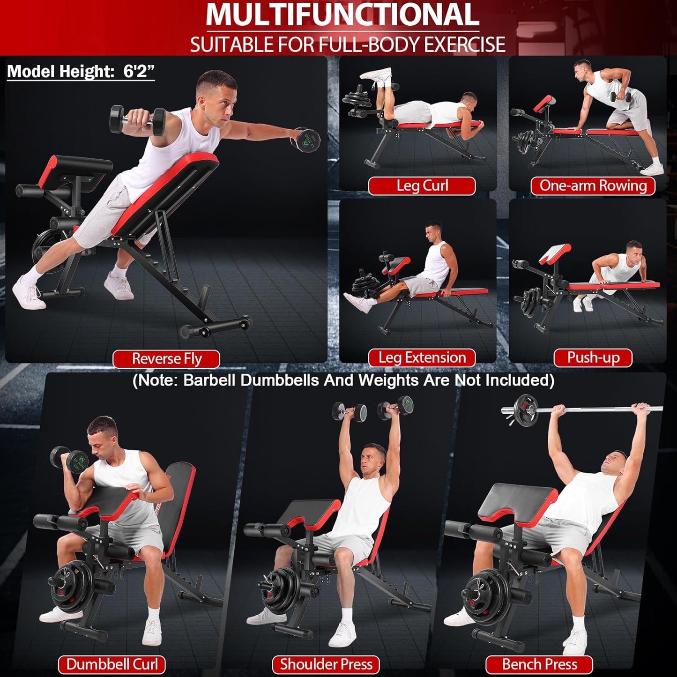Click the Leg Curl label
422,186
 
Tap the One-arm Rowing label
593,186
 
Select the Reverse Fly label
166,359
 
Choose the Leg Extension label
422,358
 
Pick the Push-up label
593,358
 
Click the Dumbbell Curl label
112,664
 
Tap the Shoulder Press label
326,664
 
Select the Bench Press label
539,664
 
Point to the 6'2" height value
139,71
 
